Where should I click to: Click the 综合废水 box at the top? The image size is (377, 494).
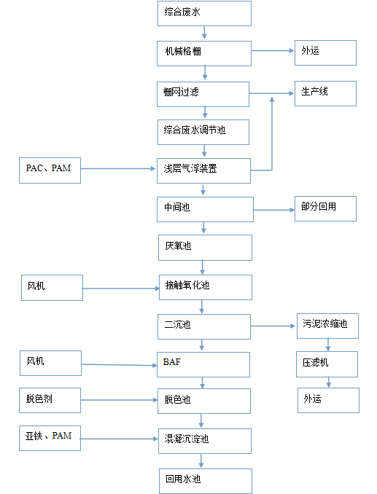204,13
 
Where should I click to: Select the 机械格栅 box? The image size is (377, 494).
204,53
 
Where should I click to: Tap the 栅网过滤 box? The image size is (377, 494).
204,93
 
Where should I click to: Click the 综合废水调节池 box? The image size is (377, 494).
204,132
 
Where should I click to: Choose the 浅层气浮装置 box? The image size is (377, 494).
204,170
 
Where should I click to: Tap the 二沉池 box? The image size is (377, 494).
204,326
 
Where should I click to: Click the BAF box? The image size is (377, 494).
204,364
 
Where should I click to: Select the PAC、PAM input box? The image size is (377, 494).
50,170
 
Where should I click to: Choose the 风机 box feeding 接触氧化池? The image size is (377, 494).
52,288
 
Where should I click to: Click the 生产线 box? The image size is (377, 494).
325,93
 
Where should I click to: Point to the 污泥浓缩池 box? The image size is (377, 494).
327,326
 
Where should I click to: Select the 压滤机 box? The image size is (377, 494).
327,364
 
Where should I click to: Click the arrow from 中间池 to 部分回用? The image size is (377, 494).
273,211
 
